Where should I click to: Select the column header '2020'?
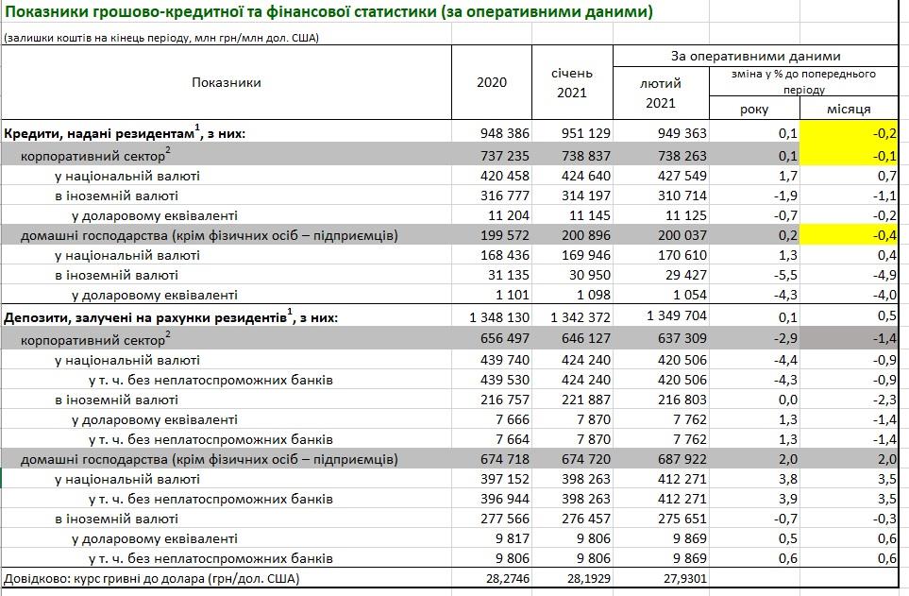point(492,82)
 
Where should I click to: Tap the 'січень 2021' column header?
point(571,82)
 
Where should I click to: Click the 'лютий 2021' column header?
point(661,93)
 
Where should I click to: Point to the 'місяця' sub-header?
point(849,110)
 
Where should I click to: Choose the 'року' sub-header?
point(754,110)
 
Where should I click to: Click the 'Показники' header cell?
point(227,82)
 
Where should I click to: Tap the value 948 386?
point(505,133)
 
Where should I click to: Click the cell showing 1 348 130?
point(497,317)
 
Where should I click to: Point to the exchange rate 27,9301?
point(682,578)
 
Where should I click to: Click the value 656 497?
point(505,338)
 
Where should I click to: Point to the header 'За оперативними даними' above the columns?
point(755,56)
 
